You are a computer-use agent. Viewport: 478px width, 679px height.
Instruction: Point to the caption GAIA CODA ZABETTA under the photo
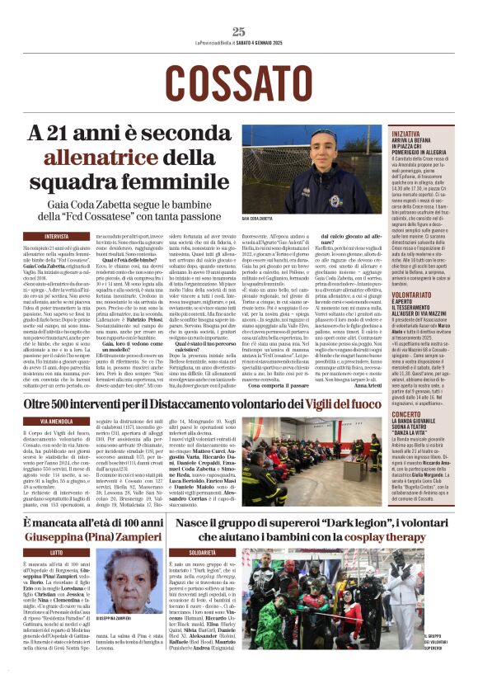259,219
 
